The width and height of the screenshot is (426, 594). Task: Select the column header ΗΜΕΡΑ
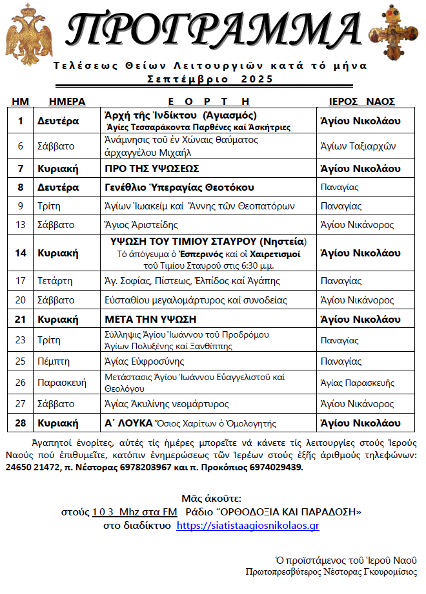67,101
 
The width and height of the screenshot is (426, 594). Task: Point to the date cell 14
21,253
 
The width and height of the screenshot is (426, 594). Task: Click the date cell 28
21,423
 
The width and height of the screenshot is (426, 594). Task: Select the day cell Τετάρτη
55,281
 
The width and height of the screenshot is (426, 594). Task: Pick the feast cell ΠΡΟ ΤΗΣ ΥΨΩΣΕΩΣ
152,169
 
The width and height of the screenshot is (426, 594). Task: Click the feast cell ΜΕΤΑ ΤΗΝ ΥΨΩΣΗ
150,319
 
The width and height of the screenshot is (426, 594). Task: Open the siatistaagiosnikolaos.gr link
248,526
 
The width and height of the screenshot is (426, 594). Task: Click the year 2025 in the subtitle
258,79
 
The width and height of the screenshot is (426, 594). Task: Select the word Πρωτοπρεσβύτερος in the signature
281,571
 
